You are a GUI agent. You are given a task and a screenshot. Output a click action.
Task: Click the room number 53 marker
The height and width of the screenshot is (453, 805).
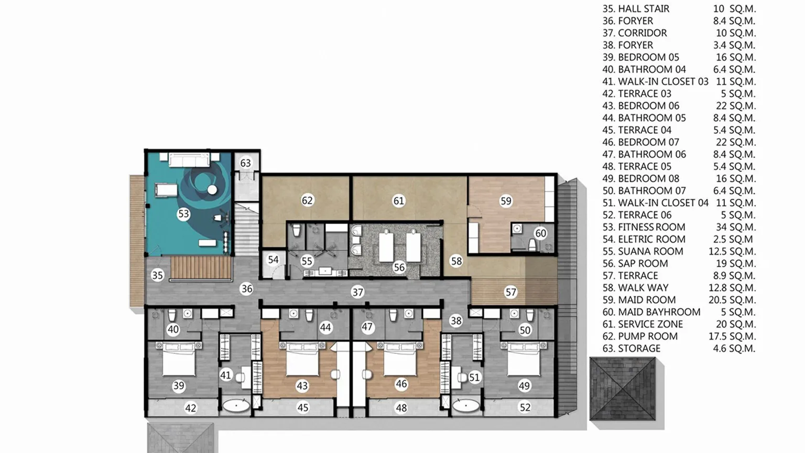click(x=183, y=214)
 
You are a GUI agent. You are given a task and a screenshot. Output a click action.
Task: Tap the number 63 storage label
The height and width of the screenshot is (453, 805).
click(x=245, y=163)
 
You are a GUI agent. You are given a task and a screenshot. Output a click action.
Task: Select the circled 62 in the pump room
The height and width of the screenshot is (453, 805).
click(x=307, y=200)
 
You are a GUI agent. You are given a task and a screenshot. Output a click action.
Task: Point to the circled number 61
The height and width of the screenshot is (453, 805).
click(x=399, y=201)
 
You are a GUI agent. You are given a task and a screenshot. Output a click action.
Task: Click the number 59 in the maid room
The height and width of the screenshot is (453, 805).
click(x=506, y=201)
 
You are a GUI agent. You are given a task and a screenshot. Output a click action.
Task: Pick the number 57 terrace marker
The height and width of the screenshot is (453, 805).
click(x=510, y=292)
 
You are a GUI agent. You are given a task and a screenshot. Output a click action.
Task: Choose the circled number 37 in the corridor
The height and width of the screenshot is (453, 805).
click(x=357, y=293)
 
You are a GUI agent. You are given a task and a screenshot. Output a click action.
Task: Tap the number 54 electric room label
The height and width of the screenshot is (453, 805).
click(x=273, y=260)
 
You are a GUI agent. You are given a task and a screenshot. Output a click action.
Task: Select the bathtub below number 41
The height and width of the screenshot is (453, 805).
click(x=236, y=406)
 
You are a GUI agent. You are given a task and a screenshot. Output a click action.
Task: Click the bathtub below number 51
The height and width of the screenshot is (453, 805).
click(x=465, y=406)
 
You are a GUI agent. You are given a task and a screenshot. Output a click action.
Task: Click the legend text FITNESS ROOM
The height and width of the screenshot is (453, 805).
click(x=651, y=227)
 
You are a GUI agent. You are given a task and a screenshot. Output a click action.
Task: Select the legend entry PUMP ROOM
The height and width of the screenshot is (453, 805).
click(x=648, y=336)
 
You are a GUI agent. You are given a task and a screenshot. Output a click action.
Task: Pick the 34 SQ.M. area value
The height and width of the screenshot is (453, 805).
click(x=735, y=227)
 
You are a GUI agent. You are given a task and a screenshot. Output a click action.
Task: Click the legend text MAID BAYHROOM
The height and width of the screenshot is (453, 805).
click(x=659, y=312)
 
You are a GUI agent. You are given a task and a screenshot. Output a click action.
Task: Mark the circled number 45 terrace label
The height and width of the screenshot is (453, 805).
click(x=302, y=407)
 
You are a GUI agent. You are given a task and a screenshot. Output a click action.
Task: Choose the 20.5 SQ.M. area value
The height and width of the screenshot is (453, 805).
click(x=732, y=300)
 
